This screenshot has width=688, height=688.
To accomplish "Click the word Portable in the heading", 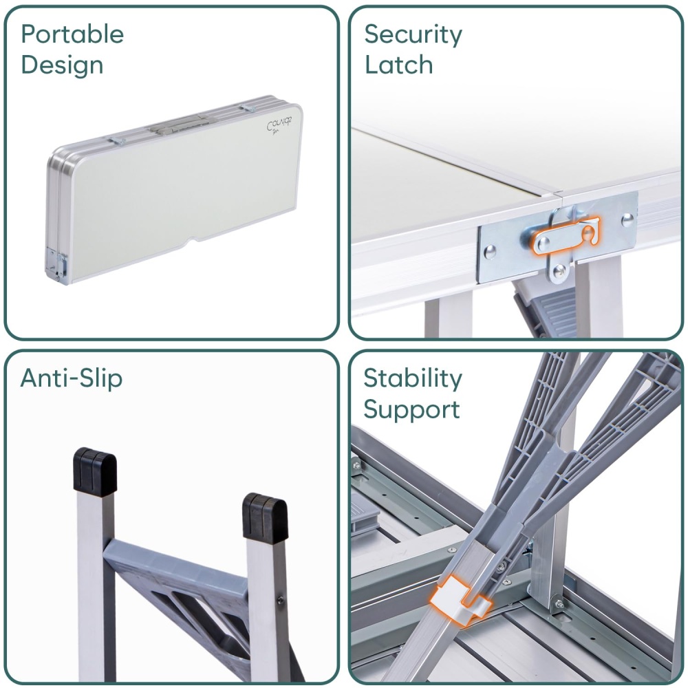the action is click(72, 34).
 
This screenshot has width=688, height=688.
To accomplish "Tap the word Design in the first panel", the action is click(62, 65).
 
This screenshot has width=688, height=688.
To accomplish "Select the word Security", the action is click(413, 34).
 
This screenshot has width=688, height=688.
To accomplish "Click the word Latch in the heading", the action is click(398, 65).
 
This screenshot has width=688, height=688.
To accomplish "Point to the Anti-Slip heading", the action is click(71, 378).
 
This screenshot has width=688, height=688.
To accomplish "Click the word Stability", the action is click(412, 378).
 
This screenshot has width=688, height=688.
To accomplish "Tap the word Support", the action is click(411, 410).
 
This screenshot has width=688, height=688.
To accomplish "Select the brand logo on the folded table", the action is click(279, 125).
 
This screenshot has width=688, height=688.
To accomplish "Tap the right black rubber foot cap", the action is click(265, 516).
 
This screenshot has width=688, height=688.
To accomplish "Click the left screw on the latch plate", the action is click(489, 251).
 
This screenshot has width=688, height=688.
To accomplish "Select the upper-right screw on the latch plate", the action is click(627, 219).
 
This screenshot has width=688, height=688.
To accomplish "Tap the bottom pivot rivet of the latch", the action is click(559, 272).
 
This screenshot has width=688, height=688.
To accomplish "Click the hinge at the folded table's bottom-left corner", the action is click(56, 265).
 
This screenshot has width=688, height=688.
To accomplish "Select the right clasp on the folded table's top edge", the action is click(248, 109).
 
